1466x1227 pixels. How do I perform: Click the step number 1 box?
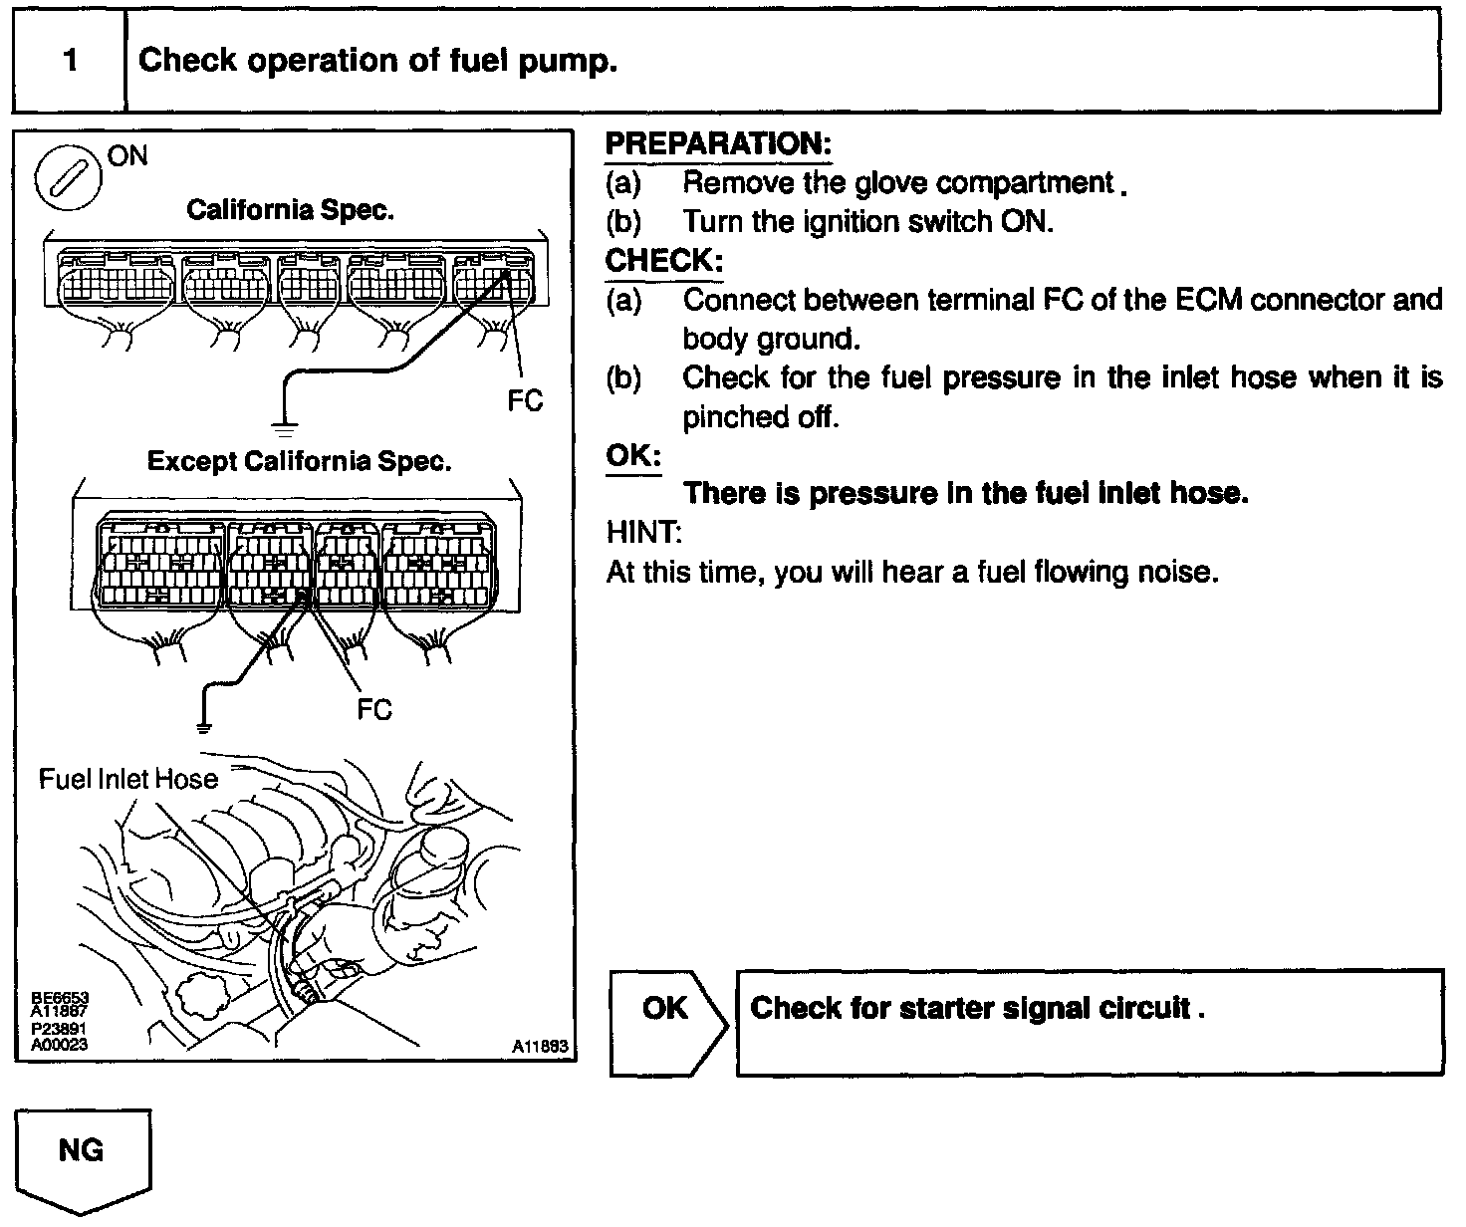tap(70, 61)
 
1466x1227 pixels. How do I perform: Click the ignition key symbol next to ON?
tap(67, 179)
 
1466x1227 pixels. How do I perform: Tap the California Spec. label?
tap(290, 210)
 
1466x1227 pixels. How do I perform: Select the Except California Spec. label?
tap(299, 461)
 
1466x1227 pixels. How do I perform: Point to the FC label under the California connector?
tap(525, 400)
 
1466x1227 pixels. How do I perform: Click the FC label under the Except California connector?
tap(374, 709)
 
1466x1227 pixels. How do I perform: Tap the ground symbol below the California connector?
tap(286, 430)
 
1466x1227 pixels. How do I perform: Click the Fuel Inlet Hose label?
tap(127, 778)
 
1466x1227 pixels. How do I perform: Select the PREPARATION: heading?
tap(718, 143)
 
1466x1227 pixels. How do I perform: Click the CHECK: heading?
tap(663, 261)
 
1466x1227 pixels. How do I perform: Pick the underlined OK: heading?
tap(633, 456)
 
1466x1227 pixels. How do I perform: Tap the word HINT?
tap(643, 533)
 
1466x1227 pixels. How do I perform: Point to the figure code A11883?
tap(540, 1047)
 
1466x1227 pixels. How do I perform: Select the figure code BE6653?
tap(60, 996)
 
